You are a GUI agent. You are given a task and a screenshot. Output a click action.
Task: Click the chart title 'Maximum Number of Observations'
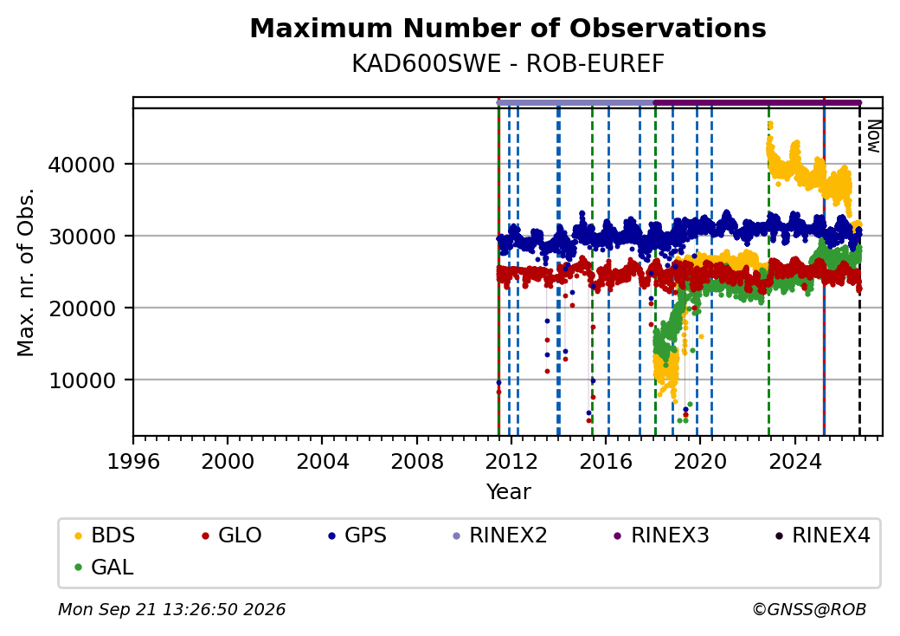tap(508, 28)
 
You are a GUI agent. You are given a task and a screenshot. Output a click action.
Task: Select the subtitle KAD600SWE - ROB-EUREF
tap(508, 64)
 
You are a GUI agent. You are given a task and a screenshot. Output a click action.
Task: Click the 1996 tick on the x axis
tap(133, 461)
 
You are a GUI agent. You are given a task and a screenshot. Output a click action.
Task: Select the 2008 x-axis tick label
tap(417, 461)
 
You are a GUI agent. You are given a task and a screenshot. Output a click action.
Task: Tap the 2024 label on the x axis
tap(795, 461)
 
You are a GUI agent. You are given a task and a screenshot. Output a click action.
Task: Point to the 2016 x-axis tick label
tap(606, 461)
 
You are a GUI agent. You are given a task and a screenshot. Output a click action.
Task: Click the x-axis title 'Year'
tap(509, 492)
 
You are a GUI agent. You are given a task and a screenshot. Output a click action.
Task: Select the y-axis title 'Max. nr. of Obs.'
tap(26, 272)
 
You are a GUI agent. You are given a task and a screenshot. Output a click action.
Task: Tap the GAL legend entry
tap(104, 567)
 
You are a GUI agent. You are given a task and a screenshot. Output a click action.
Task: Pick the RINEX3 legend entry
tap(661, 535)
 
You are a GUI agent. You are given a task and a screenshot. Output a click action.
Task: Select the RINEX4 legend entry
tap(822, 535)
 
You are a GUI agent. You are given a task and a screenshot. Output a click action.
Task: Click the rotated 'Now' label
tap(873, 136)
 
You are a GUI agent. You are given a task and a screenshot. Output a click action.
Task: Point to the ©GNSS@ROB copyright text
tap(809, 609)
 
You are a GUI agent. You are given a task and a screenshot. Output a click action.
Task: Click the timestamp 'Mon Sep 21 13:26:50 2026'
tap(171, 609)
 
